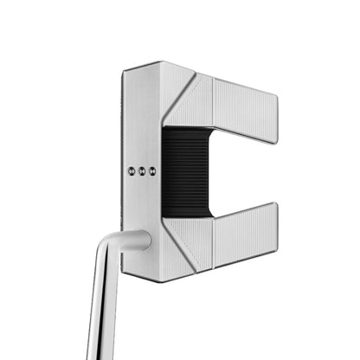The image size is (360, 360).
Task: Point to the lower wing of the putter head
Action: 242,235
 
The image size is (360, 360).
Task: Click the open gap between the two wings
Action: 247,172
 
